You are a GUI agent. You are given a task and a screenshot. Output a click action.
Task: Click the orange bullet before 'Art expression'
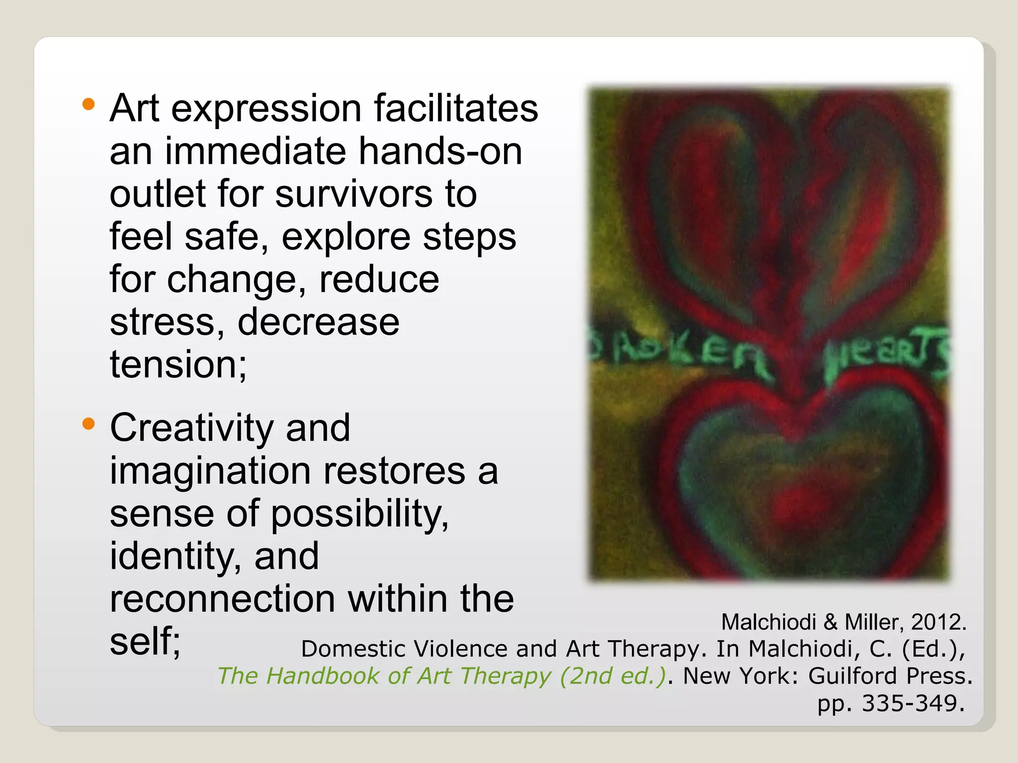tap(88, 104)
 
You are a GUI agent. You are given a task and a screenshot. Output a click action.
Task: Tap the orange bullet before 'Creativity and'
tap(88, 424)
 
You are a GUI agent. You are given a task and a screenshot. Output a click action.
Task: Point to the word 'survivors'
tap(353, 194)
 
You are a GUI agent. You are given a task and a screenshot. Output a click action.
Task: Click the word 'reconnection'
tap(222, 599)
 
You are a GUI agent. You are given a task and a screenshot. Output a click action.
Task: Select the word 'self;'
tap(145, 641)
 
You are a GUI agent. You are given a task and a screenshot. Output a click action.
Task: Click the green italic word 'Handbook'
tap(323, 676)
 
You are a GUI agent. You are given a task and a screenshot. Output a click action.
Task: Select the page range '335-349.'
tap(913, 703)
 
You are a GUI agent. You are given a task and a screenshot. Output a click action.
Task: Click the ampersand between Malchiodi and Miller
tap(830, 622)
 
